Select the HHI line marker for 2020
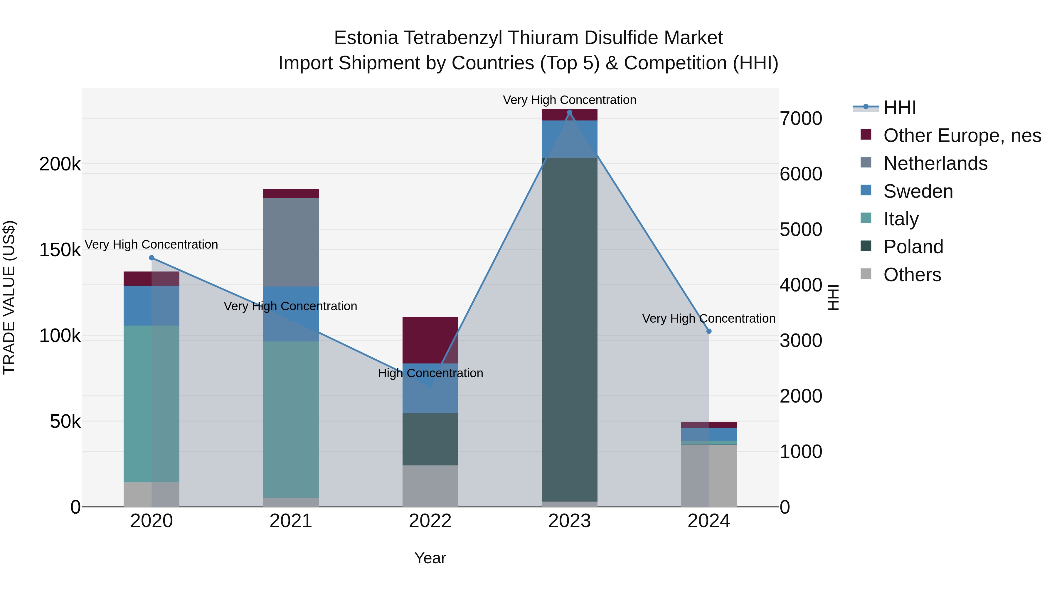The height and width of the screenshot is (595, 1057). [152, 258]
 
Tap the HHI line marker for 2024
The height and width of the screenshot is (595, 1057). [709, 331]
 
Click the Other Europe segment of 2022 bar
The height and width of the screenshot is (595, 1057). [430, 340]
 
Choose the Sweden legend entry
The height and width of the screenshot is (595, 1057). [918, 191]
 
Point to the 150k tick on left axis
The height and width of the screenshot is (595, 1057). [60, 250]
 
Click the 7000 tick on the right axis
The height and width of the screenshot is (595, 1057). [801, 119]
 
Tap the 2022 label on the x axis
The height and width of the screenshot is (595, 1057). [430, 521]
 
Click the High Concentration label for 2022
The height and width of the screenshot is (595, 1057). [430, 373]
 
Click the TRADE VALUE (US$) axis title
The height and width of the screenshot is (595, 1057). [9, 297]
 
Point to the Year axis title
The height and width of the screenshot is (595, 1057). [430, 558]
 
